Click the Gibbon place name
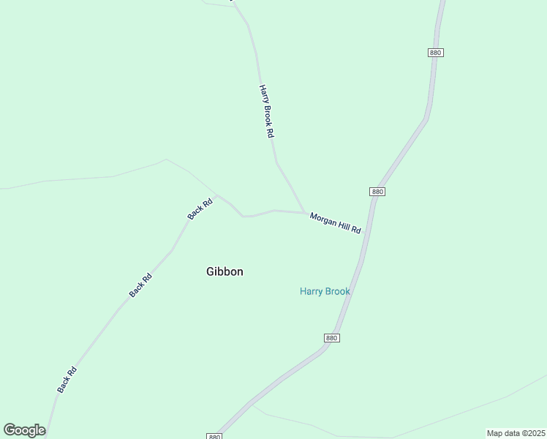[225, 271]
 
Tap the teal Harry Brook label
[325, 291]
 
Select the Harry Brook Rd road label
[266, 111]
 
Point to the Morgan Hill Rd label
[336, 222]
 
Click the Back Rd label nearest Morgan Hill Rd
[200, 209]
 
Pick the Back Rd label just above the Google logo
[67, 380]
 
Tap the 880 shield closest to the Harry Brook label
[331, 337]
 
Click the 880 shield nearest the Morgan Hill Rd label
[377, 191]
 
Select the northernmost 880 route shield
[436, 53]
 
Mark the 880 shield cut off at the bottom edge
[214, 436]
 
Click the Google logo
[24, 430]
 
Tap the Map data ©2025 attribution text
[516, 433]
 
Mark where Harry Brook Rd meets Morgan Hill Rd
[304, 213]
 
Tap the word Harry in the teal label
[312, 291]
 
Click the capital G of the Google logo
[10, 429]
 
